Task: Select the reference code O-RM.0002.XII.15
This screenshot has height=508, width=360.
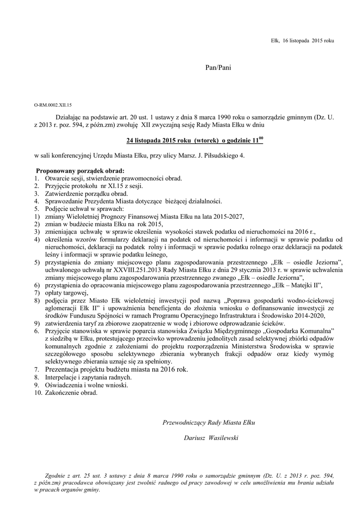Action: tap(53, 106)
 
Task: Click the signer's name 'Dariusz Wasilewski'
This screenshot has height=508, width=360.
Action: tap(212, 438)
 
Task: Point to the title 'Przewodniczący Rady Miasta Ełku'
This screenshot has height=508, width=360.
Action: tap(209, 422)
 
